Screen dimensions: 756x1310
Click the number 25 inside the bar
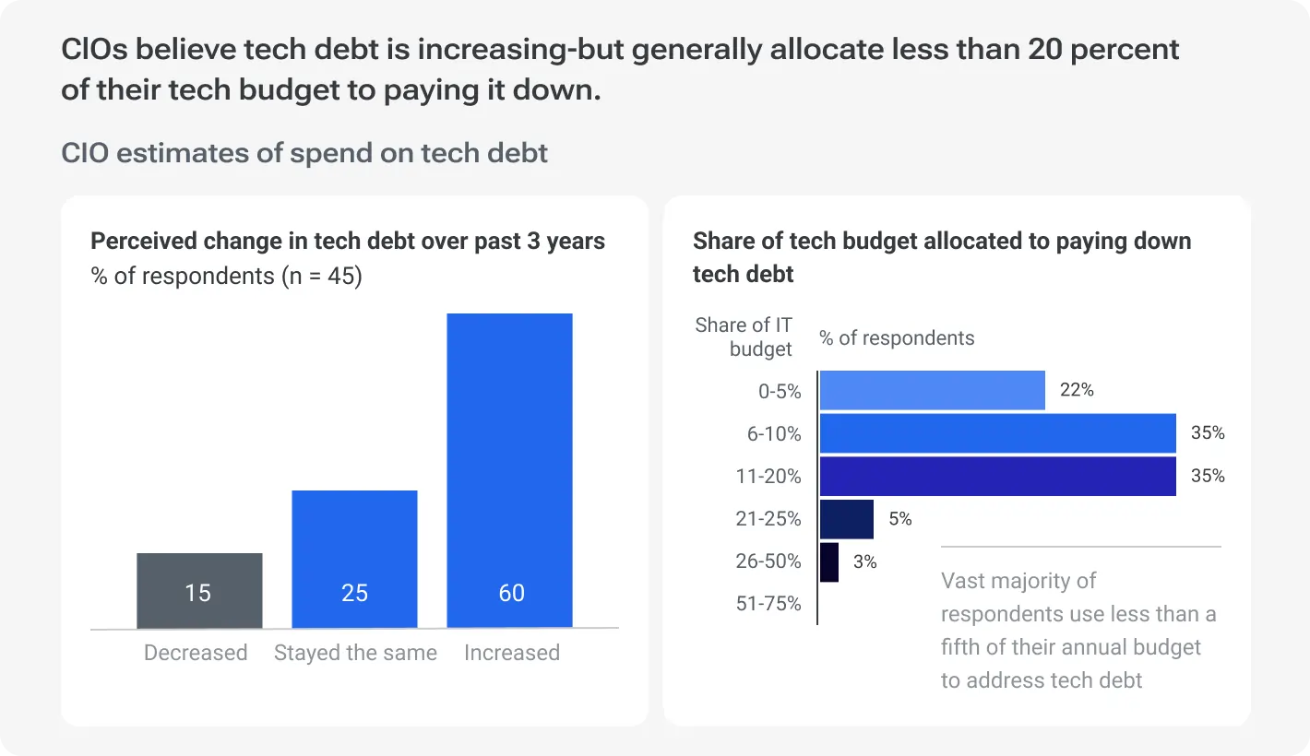tap(355, 593)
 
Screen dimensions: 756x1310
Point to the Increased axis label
tap(511, 653)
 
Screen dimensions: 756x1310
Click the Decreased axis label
tap(196, 653)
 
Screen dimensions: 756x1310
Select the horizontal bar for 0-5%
tap(932, 390)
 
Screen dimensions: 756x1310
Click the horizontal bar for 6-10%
tap(997, 433)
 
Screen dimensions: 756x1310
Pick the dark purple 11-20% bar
tap(997, 477)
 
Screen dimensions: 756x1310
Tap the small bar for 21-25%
tap(846, 519)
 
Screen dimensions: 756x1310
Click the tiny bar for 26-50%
tap(828, 561)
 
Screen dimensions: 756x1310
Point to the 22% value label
tap(1077, 390)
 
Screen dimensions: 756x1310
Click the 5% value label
tap(899, 519)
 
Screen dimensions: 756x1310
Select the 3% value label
tap(864, 561)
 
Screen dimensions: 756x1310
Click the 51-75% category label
tap(768, 604)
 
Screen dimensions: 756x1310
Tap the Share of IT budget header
tap(744, 337)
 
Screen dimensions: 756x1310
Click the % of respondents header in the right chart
tap(897, 338)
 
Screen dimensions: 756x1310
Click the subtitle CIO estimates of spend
tap(304, 152)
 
